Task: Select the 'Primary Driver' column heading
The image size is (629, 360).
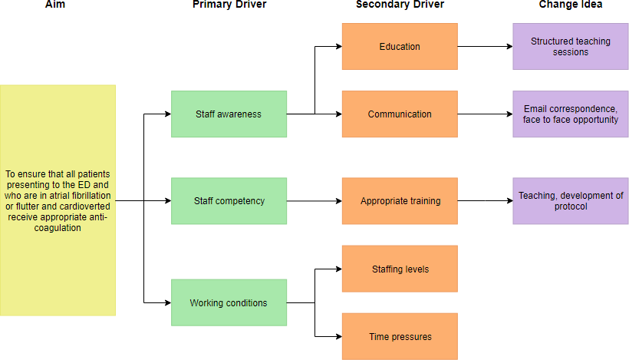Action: [x=229, y=5]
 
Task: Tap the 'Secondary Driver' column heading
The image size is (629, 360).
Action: [x=400, y=5]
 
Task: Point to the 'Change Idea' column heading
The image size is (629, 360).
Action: [x=570, y=5]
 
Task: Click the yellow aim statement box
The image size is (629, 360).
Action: [x=58, y=200]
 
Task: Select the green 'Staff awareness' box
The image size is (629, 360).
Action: [x=229, y=114]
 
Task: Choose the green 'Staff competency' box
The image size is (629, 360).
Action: [x=229, y=201]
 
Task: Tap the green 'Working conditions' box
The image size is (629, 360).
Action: [x=229, y=303]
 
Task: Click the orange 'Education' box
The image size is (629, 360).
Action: [x=400, y=47]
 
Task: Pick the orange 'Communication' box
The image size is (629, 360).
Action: [x=400, y=114]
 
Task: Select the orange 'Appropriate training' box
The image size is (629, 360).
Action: [x=400, y=201]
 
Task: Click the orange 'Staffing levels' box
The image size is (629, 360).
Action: [x=400, y=269]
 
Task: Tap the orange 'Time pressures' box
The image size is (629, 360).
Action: [x=400, y=336]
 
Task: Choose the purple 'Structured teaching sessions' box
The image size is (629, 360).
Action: [x=570, y=47]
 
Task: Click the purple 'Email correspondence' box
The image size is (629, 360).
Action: [x=570, y=114]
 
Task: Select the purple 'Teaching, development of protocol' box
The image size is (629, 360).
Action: [x=570, y=201]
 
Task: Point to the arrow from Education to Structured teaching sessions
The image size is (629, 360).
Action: [x=485, y=47]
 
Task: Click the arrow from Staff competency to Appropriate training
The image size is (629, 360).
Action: [x=314, y=201]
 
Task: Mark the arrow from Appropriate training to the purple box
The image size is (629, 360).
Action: [x=485, y=201]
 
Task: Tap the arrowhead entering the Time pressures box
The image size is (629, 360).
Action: [x=338, y=336]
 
